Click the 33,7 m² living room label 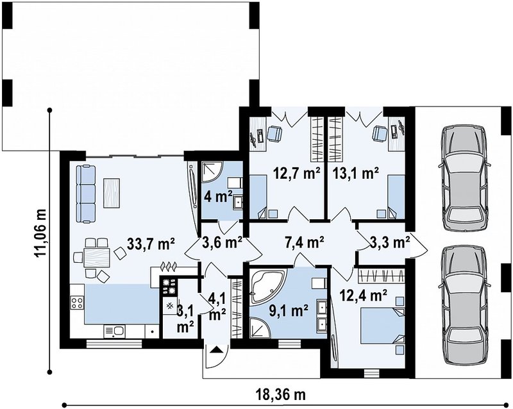pos(151,244)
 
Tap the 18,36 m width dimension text pos(280,395)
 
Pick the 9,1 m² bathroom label pos(288,310)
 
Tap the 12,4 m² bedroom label pos(364,296)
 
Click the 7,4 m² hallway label pos(305,242)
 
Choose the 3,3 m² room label pos(390,242)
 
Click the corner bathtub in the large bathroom pos(268,285)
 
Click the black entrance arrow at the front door pos(216,350)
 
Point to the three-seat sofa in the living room pos(86,194)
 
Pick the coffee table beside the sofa pos(112,193)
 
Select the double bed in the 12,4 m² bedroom pos(382,326)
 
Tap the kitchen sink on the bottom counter pos(115,331)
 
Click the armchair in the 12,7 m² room pos(274,134)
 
